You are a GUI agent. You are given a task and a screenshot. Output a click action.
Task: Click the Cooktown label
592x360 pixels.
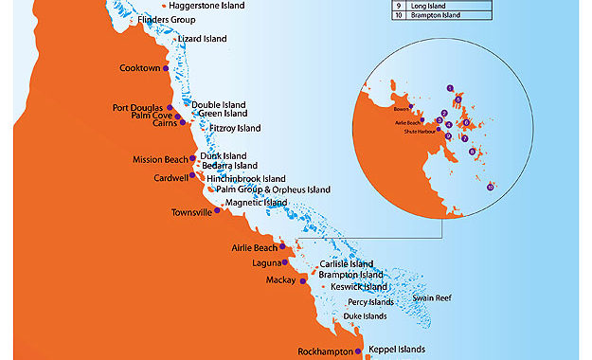pyautogui.click(x=139, y=69)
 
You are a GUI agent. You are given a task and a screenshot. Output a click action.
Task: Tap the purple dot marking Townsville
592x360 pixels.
pyautogui.click(x=218, y=211)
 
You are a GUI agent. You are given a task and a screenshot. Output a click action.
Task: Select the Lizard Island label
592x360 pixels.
pyautogui.click(x=202, y=39)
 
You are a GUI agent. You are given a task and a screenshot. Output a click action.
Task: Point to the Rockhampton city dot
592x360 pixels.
pyautogui.click(x=358, y=351)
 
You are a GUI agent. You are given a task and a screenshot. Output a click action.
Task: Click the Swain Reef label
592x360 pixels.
pyautogui.click(x=458, y=297)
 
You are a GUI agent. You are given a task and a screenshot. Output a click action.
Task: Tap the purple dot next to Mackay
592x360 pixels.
pyautogui.click(x=303, y=281)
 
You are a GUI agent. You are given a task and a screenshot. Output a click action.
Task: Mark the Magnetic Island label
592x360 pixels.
pyautogui.click(x=256, y=202)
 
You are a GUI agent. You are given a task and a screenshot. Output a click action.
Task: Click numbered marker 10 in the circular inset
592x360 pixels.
pyautogui.click(x=489, y=187)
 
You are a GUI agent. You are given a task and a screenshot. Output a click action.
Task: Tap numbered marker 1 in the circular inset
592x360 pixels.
pyautogui.click(x=449, y=88)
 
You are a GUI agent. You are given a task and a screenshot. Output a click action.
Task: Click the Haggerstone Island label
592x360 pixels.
pyautogui.click(x=206, y=6)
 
